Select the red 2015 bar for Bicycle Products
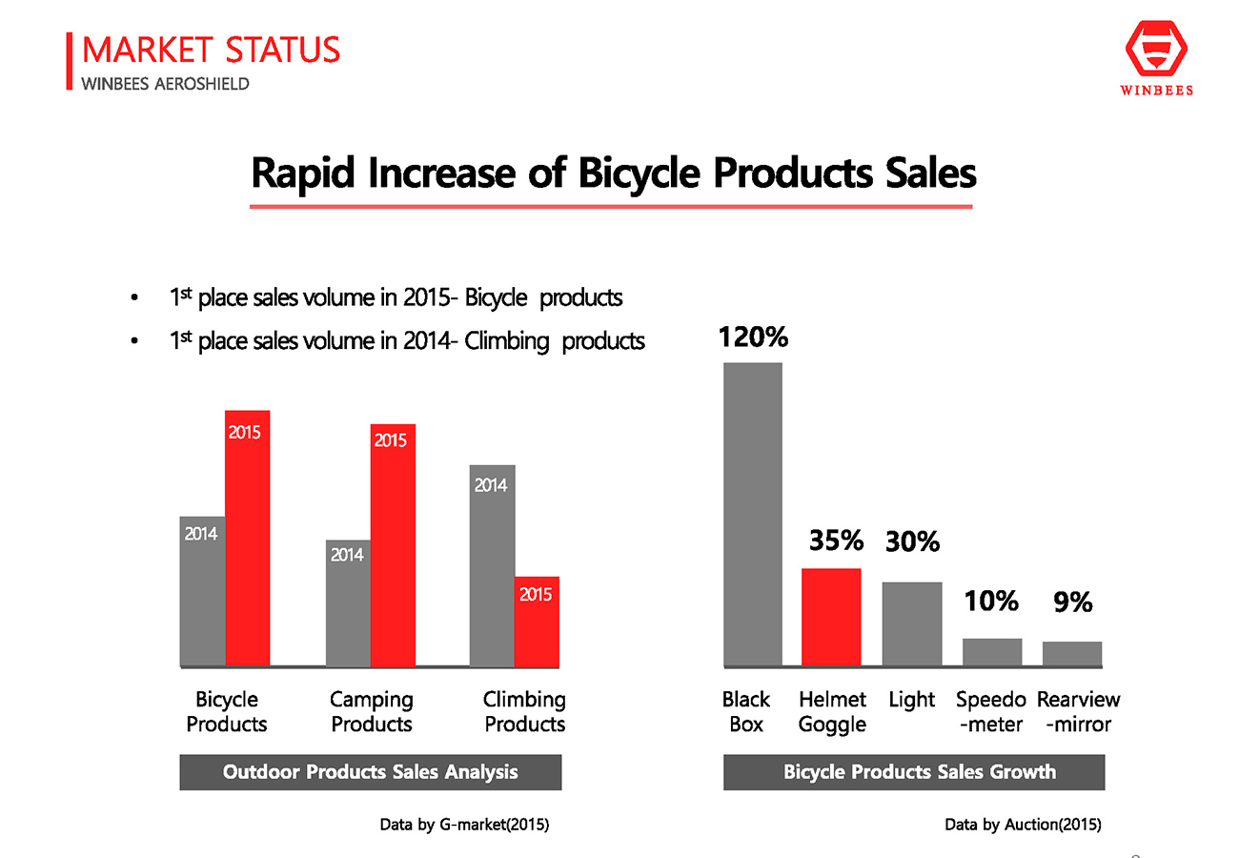[247, 538]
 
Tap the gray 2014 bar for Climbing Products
[492, 565]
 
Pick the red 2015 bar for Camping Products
[393, 545]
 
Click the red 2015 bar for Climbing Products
[537, 622]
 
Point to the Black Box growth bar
[753, 514]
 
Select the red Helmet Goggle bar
[831, 617]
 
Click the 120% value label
[753, 337]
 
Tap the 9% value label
[1072, 602]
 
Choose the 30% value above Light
[912, 541]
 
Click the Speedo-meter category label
[990, 711]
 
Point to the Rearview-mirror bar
[1072, 654]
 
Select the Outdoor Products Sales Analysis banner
[370, 771]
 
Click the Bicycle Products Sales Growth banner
[914, 771]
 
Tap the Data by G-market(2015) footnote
[464, 825]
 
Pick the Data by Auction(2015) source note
[1023, 825]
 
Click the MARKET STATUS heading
[211, 50]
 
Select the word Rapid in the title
[302, 174]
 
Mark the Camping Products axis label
[371, 711]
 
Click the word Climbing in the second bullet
[506, 341]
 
